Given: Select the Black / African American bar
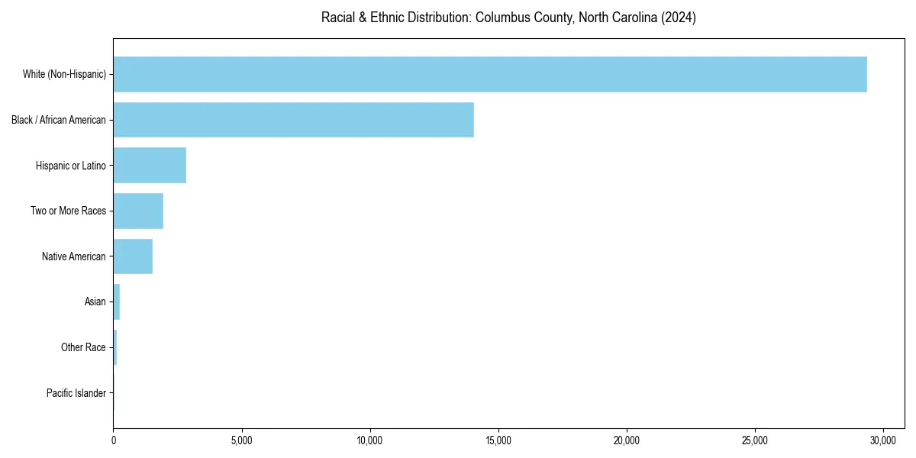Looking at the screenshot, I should pos(294,120).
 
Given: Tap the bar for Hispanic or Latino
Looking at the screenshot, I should pos(150,166).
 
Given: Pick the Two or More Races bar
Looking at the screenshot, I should pos(138,211).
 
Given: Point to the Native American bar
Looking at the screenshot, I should pos(133,256).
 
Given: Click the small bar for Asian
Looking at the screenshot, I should pos(117,302).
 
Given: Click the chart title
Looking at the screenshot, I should pos(508,18).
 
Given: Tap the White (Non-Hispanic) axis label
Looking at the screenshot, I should pos(64,74).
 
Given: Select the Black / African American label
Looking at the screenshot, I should pos(59,120).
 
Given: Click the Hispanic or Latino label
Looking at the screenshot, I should pos(71,166).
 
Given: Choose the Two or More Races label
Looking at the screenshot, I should pos(69,211).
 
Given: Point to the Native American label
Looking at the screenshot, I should pos(74,256).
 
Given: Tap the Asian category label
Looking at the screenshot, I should pos(95,302).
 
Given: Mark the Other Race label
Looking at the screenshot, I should pos(83,347).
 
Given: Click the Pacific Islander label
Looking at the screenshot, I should pos(76,393).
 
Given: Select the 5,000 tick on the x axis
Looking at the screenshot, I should pos(241,440).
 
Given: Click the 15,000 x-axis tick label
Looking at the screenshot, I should pos(498,440).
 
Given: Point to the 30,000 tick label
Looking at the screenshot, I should pos(883,440).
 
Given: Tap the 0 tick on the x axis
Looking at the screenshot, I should pos(114,440).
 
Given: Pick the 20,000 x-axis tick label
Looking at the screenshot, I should pos(627,440).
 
